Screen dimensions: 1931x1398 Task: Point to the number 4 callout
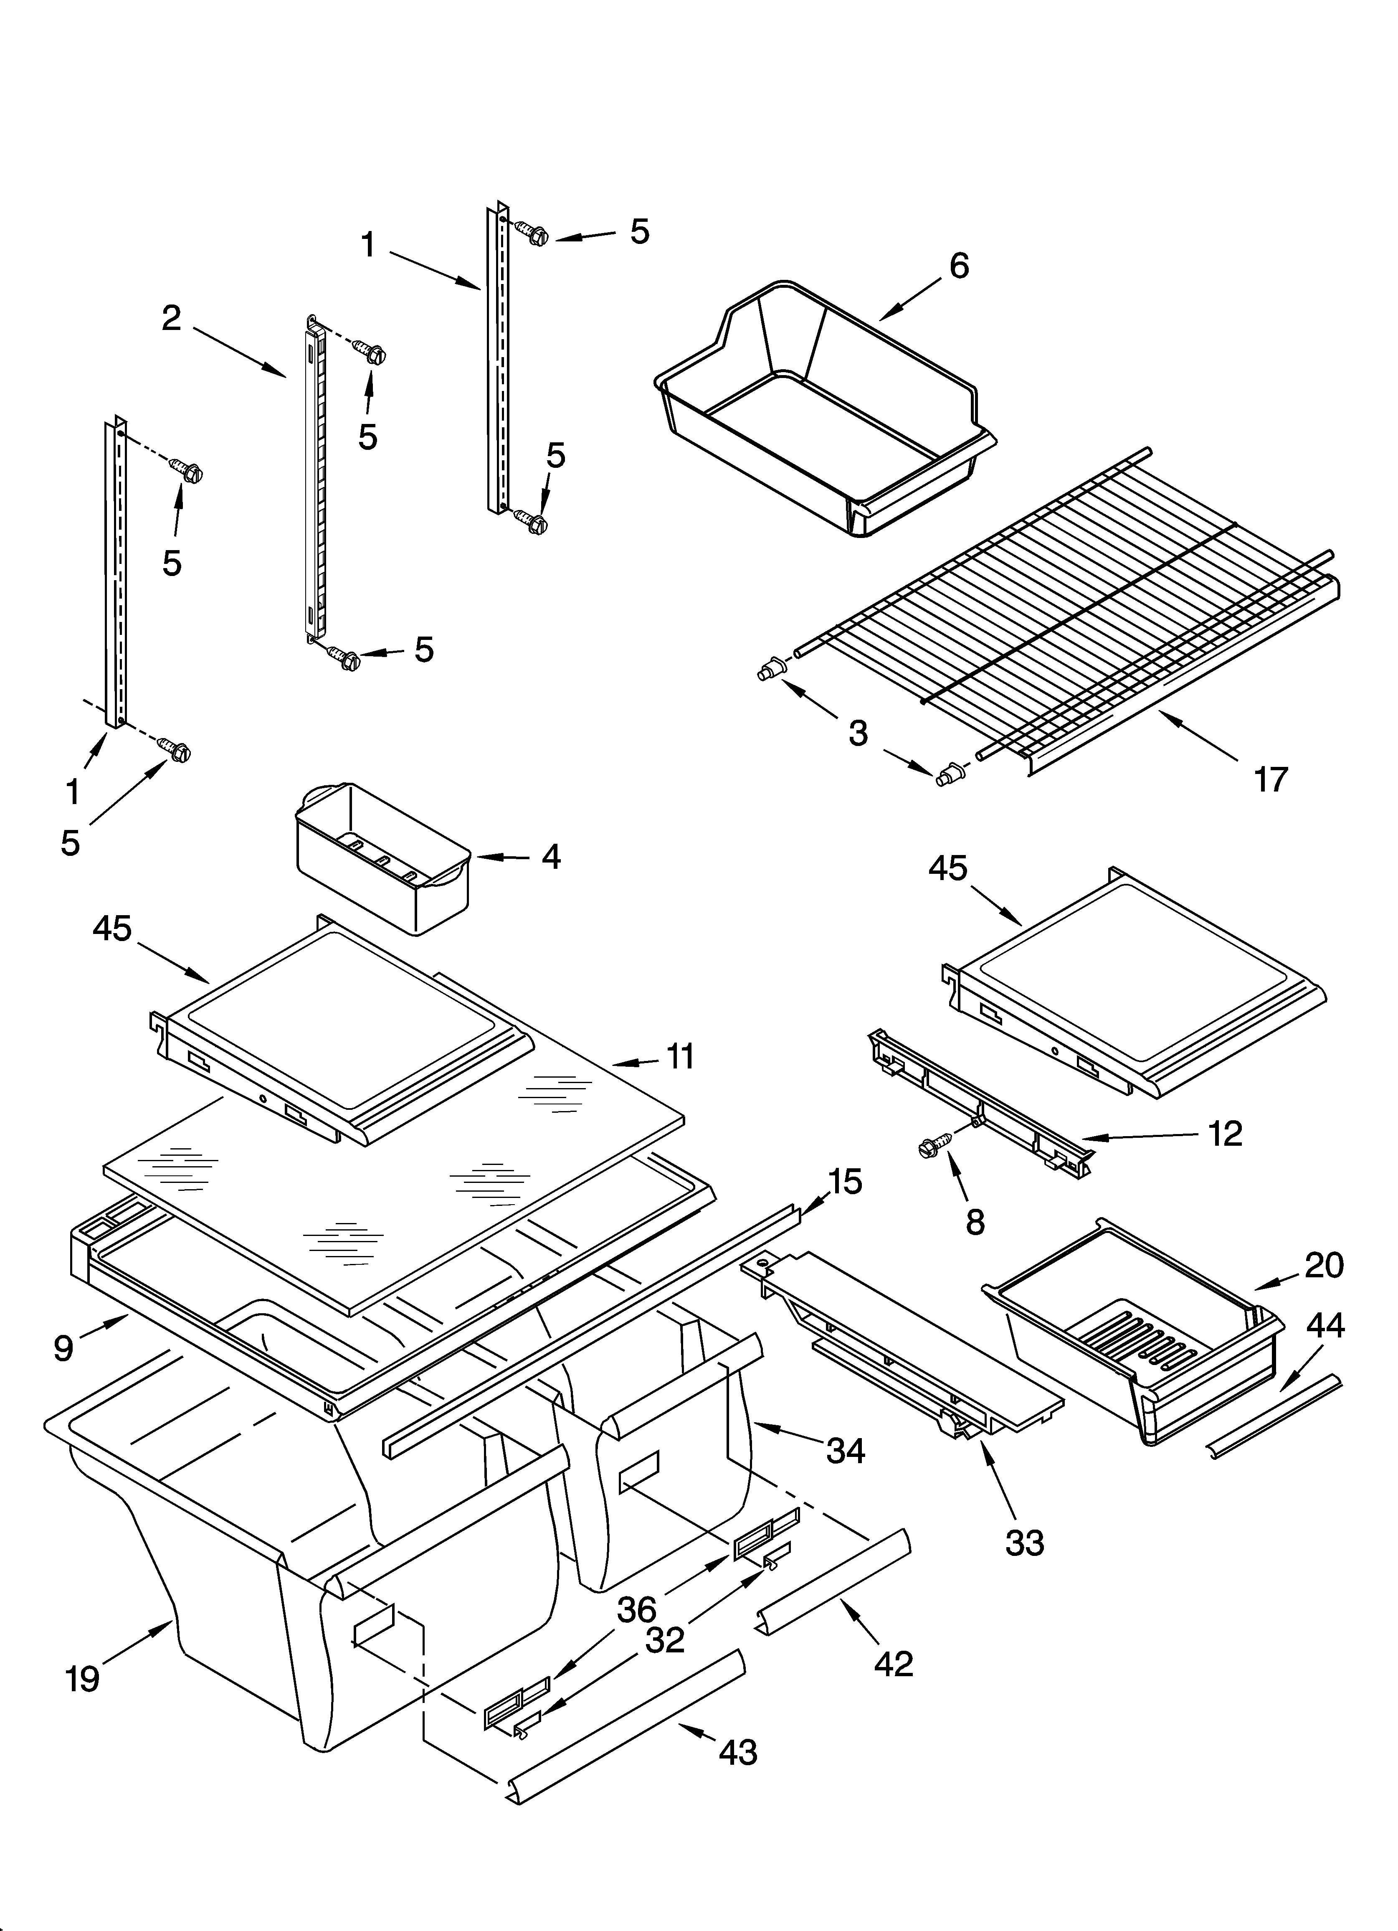tap(551, 857)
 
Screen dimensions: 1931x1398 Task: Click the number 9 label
tap(63, 1348)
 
